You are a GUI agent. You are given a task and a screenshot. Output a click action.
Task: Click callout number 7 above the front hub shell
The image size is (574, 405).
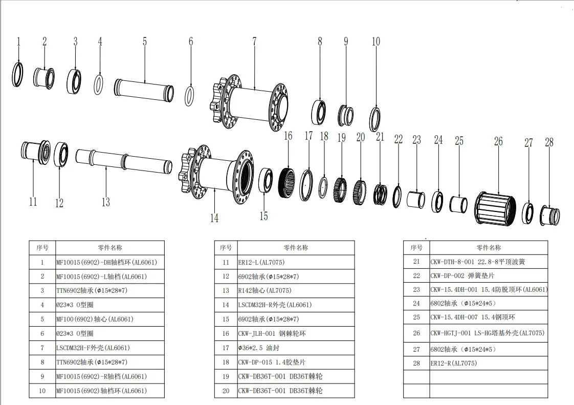[x=254, y=41]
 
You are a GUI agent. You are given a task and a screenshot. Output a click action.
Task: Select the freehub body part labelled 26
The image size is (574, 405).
[x=495, y=209]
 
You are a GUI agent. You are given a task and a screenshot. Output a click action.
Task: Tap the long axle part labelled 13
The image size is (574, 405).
[x=124, y=161]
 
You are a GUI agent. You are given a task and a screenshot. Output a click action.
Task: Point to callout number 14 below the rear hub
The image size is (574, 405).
[x=214, y=218]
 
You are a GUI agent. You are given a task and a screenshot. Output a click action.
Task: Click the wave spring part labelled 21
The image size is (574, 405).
[x=380, y=195]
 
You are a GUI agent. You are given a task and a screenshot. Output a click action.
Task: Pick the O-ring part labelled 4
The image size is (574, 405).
[x=98, y=84]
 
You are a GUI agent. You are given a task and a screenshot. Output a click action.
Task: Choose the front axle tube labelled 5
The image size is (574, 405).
[x=144, y=91]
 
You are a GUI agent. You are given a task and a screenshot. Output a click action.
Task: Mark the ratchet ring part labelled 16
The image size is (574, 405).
[x=286, y=182]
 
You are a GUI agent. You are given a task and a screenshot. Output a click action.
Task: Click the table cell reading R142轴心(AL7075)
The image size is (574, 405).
[x=264, y=291]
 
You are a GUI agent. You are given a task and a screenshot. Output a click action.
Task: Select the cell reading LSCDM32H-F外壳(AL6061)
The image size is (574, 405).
[x=93, y=348]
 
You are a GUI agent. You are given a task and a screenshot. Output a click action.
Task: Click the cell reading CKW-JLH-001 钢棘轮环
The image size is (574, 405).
[x=272, y=333]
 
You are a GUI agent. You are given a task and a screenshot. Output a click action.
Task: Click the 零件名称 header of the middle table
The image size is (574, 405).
[x=296, y=248]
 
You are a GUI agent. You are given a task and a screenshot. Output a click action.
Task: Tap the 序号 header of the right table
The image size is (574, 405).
[x=416, y=248]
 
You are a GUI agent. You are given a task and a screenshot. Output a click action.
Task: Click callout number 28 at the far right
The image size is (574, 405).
[x=549, y=142]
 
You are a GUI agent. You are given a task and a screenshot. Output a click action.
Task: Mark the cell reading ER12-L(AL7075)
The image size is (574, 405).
[x=261, y=263]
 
